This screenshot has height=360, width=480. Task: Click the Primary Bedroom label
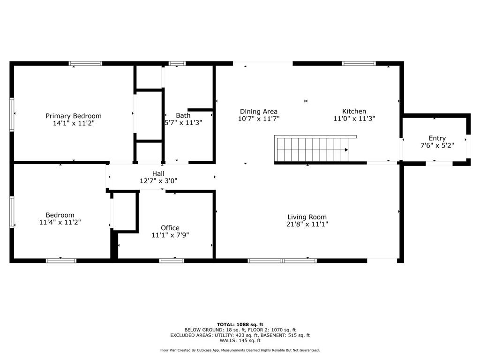pos(74,116)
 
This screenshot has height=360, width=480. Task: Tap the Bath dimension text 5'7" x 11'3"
pos(183,123)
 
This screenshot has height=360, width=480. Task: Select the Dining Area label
pos(259,112)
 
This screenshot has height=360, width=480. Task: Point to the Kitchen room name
pos(354,112)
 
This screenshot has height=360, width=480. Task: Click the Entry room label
pos(437,138)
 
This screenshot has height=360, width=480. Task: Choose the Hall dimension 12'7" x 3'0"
pos(158,181)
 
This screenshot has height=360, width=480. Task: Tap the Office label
pos(170,228)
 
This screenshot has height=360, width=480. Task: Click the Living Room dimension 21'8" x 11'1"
pos(307,224)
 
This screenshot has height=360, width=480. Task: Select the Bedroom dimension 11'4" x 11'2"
pos(60,222)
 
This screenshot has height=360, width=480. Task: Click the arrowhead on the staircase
pos(346,150)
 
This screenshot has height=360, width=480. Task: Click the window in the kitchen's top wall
pos(359,64)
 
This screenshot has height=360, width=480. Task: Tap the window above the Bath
pos(177,64)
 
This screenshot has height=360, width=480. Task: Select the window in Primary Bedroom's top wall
pos(85,64)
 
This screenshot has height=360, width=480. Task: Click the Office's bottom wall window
pos(172,261)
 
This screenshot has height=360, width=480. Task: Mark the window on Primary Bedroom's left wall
pos(12,114)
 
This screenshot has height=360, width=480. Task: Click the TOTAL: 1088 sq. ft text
pos(240,324)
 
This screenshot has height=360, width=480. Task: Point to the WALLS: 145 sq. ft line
pos(240,340)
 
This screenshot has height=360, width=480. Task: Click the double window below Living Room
pos(282,261)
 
